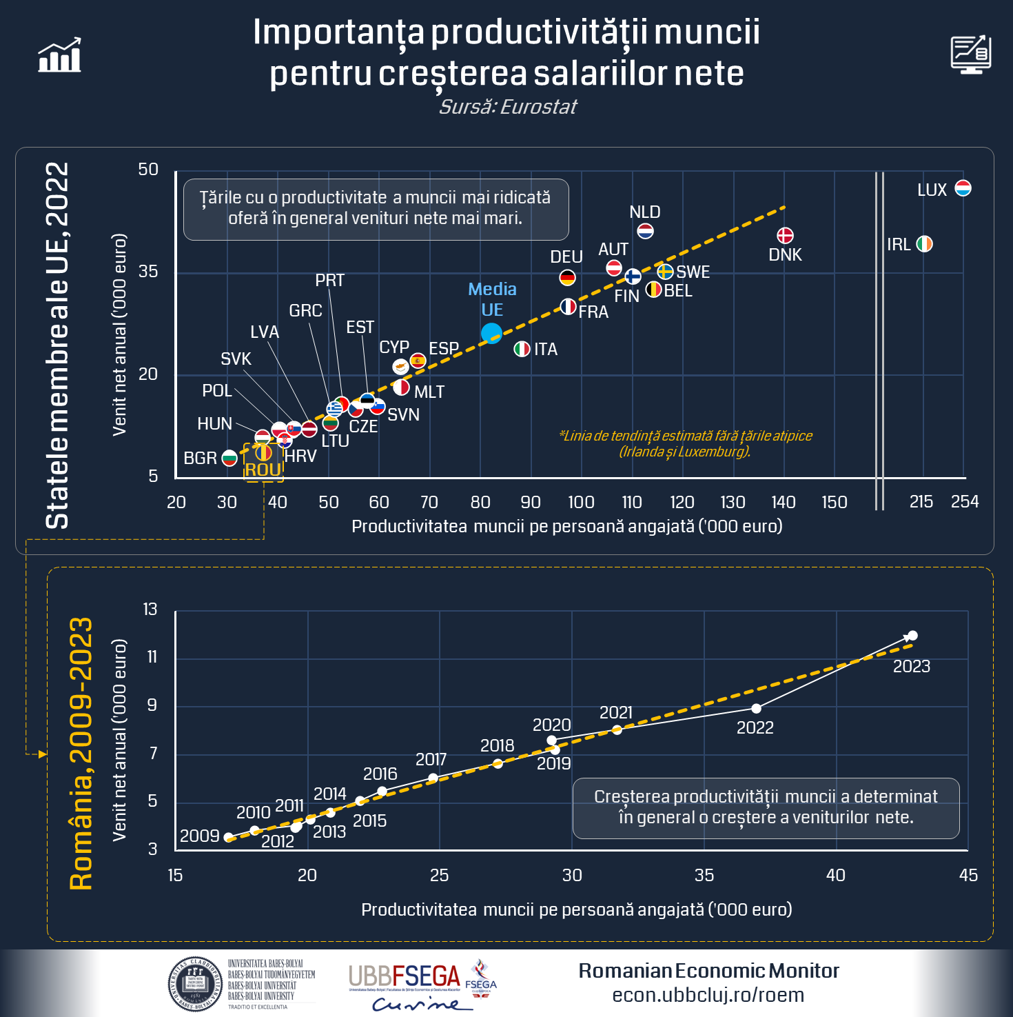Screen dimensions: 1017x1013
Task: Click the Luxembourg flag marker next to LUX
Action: click(x=963, y=188)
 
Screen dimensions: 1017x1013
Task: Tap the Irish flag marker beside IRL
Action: click(x=924, y=244)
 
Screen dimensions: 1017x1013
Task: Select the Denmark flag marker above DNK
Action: click(x=785, y=236)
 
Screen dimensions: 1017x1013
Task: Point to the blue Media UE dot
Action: click(x=491, y=333)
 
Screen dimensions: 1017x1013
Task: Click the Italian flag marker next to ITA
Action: click(x=522, y=349)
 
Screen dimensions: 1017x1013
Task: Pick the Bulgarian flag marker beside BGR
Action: click(x=229, y=458)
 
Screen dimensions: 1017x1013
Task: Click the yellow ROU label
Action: click(x=263, y=470)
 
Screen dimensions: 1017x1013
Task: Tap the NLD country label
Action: click(x=645, y=212)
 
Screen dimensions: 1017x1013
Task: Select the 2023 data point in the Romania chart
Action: click(x=912, y=636)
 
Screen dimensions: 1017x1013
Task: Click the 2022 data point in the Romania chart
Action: click(x=756, y=709)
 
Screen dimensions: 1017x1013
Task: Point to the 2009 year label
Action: click(x=199, y=836)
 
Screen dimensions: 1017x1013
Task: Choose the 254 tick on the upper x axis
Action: click(x=965, y=502)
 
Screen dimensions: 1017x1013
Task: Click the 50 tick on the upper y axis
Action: click(x=148, y=170)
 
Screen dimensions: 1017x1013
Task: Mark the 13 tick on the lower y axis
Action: click(x=150, y=610)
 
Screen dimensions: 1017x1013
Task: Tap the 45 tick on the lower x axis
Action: click(x=968, y=876)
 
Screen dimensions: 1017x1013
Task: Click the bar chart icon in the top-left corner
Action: click(x=60, y=55)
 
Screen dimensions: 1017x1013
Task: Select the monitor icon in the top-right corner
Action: click(x=971, y=54)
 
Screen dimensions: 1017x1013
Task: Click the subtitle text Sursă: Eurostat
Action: click(x=508, y=108)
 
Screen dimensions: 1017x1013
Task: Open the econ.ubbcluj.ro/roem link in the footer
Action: click(x=708, y=995)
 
